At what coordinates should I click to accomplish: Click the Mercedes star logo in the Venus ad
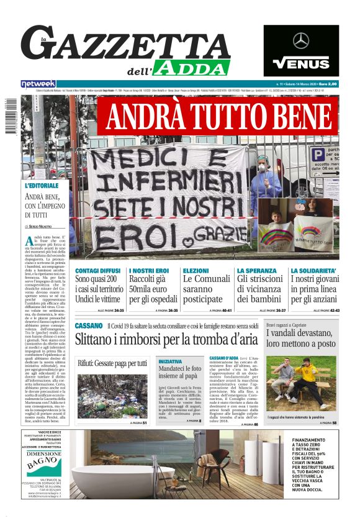[x=301, y=41]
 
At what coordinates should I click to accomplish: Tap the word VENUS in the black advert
[x=301, y=63]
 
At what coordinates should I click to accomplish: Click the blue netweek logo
[x=38, y=84]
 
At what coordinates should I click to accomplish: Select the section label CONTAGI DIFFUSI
[x=97, y=271]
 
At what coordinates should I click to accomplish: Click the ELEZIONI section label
[x=196, y=271]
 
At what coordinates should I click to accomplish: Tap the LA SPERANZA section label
[x=257, y=271]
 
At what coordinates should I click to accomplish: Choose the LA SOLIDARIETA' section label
[x=314, y=271]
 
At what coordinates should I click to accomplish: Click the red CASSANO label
[x=88, y=325]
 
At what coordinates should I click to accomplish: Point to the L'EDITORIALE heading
[x=42, y=185]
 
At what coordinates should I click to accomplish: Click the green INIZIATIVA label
[x=170, y=361]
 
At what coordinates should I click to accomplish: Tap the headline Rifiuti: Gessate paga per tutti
[x=112, y=363]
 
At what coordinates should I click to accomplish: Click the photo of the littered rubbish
[x=112, y=395]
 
